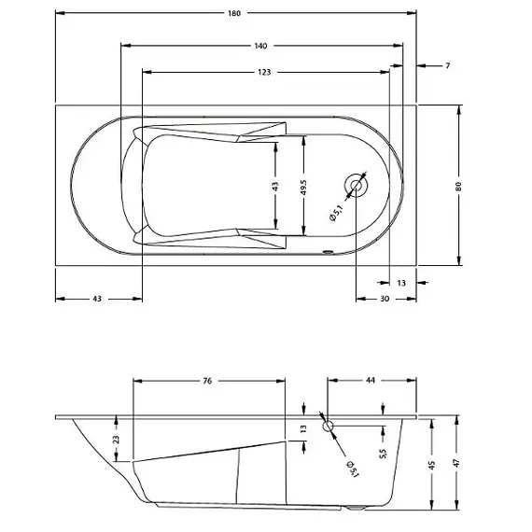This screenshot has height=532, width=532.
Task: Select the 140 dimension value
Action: (260, 45)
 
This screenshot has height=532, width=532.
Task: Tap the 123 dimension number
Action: (265, 73)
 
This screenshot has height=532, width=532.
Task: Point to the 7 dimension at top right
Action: (448, 65)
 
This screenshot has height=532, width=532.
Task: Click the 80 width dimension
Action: (458, 185)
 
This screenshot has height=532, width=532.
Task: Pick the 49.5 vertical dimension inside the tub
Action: (304, 185)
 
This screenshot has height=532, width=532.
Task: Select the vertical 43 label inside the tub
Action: (275, 186)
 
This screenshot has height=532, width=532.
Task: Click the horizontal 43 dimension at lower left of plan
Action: (97, 299)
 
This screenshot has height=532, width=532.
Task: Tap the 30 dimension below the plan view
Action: (385, 299)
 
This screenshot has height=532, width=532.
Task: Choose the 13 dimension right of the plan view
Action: (401, 282)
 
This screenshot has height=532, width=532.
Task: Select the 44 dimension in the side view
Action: (370, 381)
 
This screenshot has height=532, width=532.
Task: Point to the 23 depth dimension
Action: (115, 439)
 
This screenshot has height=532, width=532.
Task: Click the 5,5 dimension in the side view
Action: (383, 455)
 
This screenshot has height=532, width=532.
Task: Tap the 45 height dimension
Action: (433, 465)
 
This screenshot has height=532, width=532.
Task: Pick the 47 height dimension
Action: (457, 465)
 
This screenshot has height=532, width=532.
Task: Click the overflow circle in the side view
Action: (329, 426)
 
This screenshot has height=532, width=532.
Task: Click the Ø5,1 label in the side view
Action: (351, 468)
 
